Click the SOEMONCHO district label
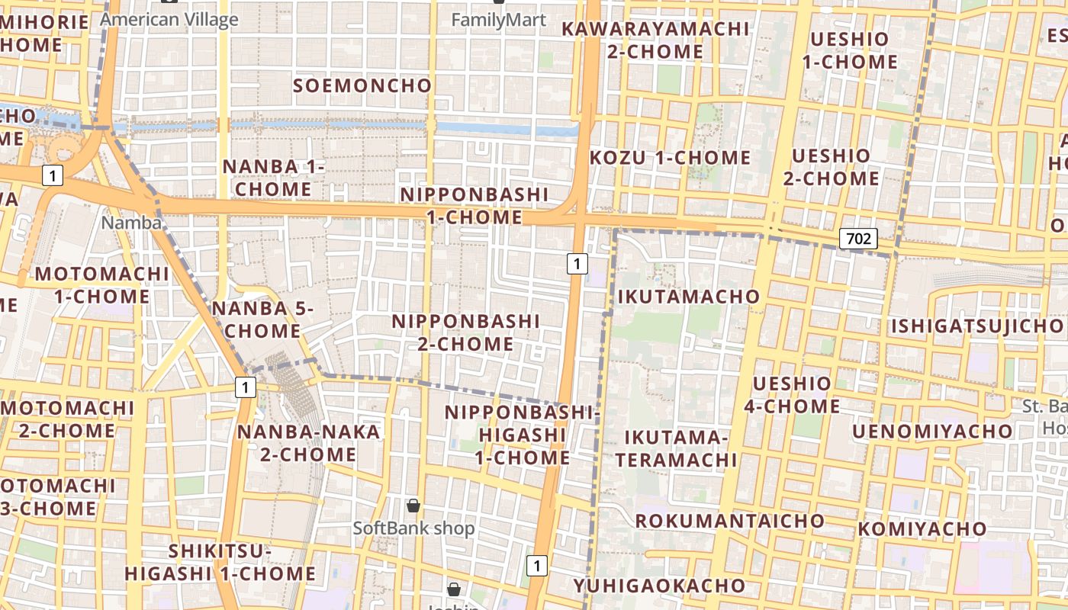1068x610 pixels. [362, 85]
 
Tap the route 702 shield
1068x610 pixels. [858, 239]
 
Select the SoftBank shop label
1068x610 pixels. [413, 528]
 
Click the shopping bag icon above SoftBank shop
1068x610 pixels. [413, 506]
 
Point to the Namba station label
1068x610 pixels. [131, 223]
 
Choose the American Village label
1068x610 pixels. [169, 19]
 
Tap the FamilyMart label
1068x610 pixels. [499, 19]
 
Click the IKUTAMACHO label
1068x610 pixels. [689, 296]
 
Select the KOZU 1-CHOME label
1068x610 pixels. [671, 158]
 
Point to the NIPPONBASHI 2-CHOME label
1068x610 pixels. [465, 332]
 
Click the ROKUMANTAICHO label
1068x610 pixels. [730, 521]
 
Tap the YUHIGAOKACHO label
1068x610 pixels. [659, 586]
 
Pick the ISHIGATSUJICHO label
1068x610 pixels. [976, 327]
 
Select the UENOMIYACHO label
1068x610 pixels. [932, 432]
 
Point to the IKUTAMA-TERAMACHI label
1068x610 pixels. [677, 448]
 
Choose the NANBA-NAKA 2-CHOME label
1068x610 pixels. [308, 443]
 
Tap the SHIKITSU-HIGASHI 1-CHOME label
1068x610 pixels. [220, 562]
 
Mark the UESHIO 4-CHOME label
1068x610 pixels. [792, 394]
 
